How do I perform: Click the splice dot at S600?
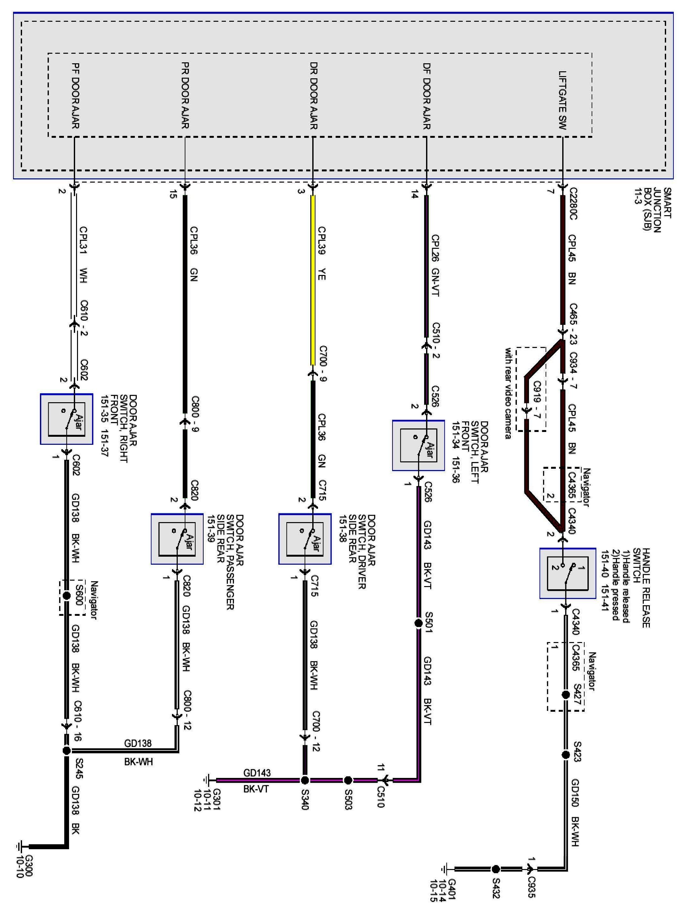point(66,596)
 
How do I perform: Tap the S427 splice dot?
point(566,694)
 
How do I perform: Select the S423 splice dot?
point(566,755)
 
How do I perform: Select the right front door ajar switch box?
point(66,419)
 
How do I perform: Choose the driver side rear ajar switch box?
point(305,539)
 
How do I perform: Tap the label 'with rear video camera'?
point(508,393)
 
